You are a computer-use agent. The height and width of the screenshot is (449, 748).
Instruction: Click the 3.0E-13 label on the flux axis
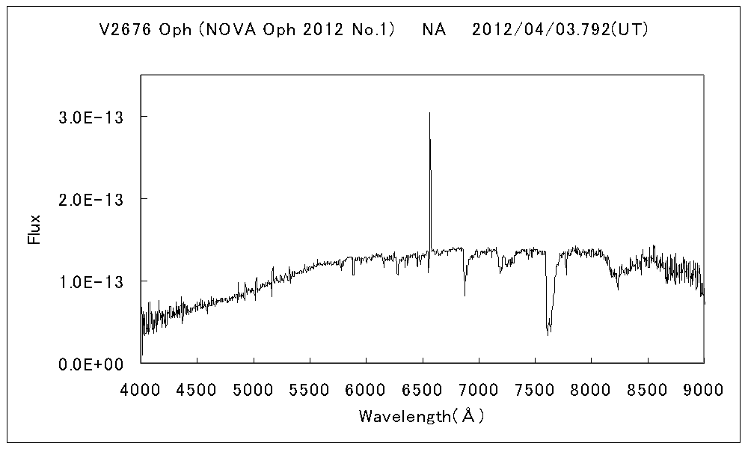92,117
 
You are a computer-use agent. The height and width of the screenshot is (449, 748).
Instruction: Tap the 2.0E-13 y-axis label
92,199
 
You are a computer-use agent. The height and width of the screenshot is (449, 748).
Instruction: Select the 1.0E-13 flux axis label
92,281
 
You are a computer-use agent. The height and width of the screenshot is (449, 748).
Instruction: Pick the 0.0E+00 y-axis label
92,364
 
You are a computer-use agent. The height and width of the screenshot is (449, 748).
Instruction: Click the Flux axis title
34,230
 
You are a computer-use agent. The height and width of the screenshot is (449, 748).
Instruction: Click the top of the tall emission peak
429,113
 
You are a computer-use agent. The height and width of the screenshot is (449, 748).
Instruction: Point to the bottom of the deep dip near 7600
548,334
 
